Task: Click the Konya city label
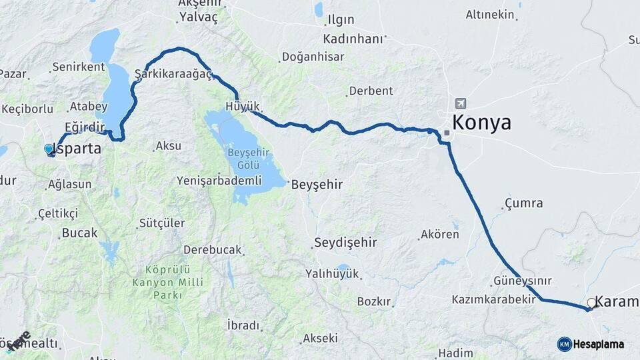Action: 481,123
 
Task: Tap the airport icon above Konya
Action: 460,103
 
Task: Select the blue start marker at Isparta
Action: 49,149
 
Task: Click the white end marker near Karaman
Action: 591,303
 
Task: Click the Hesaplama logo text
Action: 598,344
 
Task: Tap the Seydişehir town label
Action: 345,242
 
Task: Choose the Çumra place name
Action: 523,203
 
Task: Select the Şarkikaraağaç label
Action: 173,73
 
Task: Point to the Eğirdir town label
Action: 85,127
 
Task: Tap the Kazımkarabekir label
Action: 493,299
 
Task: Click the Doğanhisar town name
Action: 313,57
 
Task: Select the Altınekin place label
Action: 490,14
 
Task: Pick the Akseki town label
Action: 320,338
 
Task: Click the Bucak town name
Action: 79,233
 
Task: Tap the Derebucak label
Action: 213,250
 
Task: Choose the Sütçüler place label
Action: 162,223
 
